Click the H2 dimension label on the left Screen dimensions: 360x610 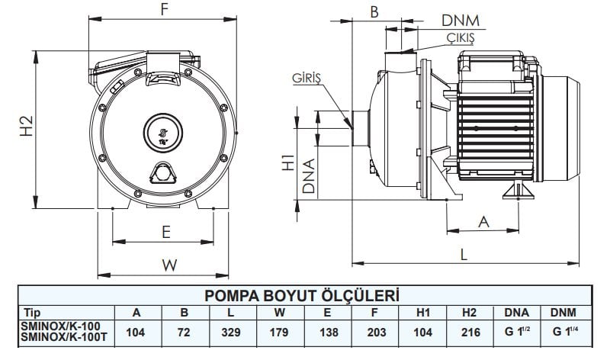[x=24, y=127]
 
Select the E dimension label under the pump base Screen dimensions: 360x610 [x=165, y=232]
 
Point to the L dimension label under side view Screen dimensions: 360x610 [x=463, y=255]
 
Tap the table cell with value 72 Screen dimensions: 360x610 [x=184, y=333]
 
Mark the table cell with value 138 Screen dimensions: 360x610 [x=326, y=333]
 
